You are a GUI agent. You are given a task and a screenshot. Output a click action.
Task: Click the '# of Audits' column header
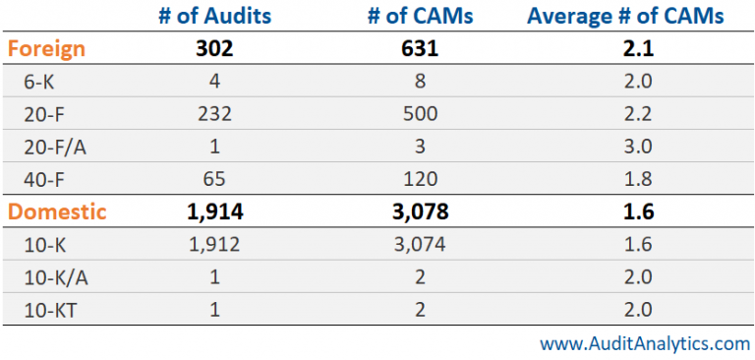click(213, 16)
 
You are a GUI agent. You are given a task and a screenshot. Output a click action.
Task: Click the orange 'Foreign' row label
click(45, 48)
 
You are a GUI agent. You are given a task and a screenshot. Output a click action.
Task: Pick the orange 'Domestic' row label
click(54, 210)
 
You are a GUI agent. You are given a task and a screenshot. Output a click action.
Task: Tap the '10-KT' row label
click(51, 307)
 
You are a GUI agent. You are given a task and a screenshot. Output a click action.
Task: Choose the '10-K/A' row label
click(55, 275)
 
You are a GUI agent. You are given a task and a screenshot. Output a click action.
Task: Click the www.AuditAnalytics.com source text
click(644, 343)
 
